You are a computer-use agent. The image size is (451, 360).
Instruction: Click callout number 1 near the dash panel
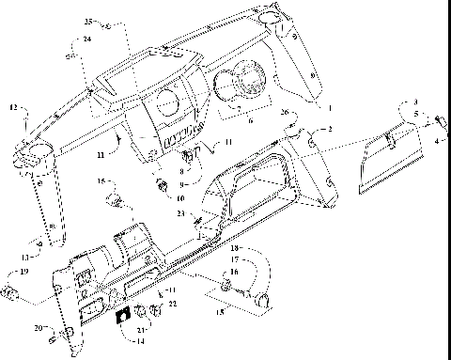click(x=329, y=109)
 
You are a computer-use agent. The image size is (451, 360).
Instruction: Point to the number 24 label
click(x=86, y=39)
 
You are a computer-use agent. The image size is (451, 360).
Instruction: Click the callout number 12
click(x=13, y=110)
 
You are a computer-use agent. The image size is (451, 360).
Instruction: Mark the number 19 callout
click(x=24, y=272)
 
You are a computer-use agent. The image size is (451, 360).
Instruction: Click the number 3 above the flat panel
click(x=414, y=102)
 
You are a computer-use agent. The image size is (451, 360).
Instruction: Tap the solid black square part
click(x=122, y=317)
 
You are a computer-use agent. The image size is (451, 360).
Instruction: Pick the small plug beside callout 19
click(x=11, y=292)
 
